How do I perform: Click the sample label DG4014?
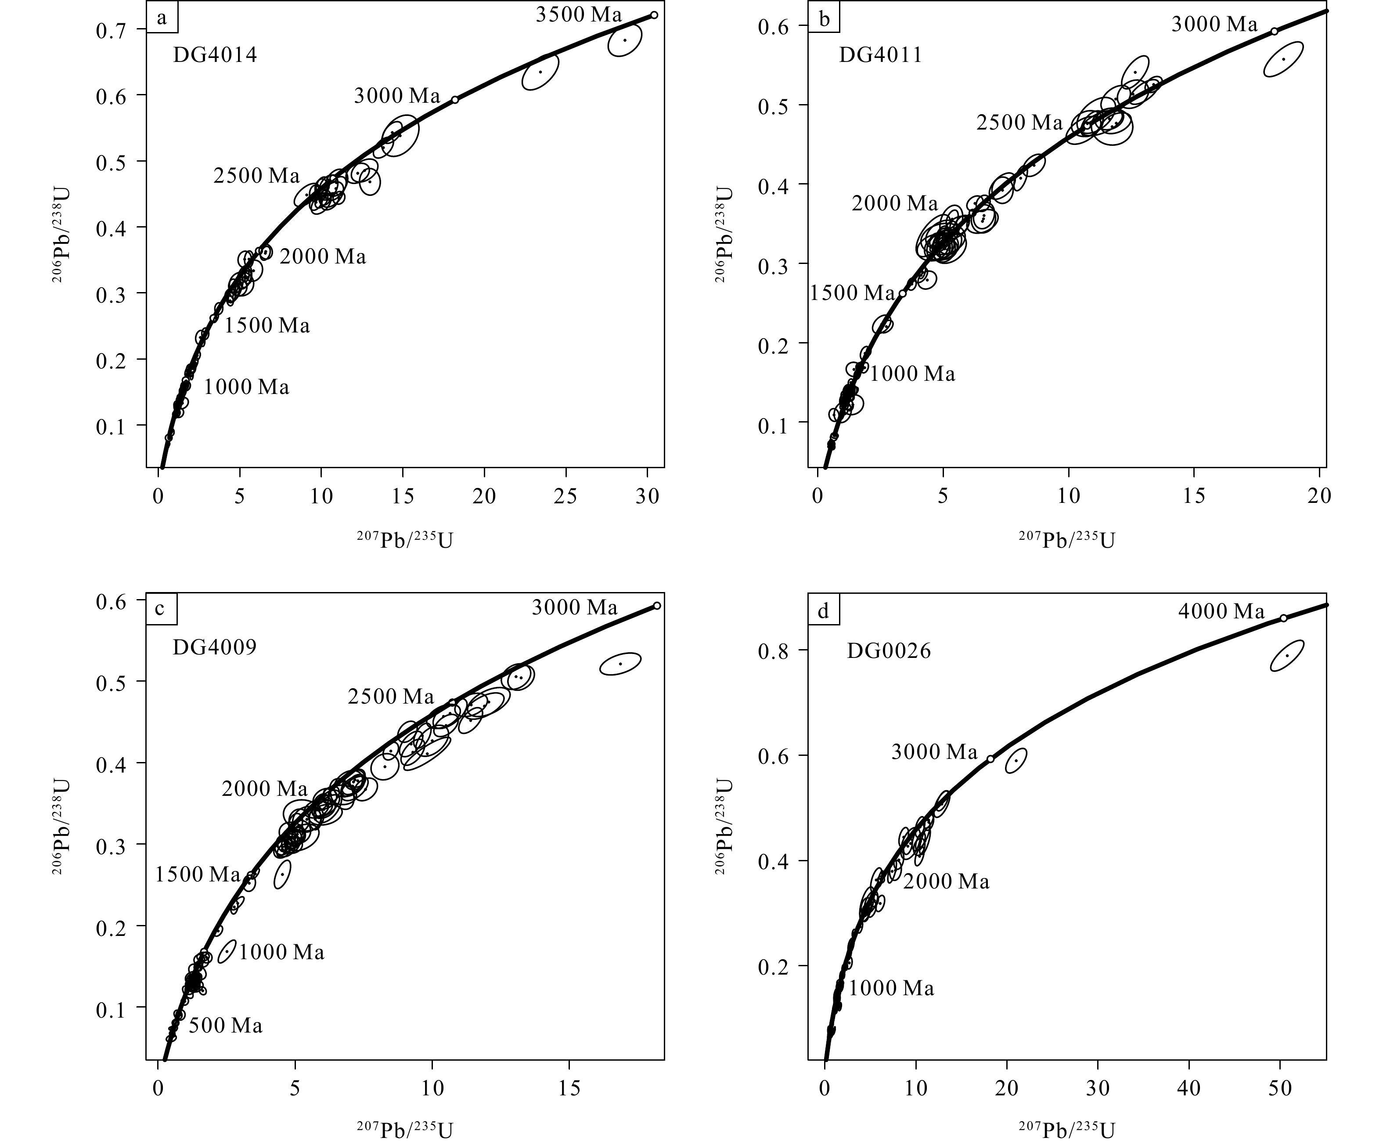tap(215, 54)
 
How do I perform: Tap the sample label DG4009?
tap(215, 647)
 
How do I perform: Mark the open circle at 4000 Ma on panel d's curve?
tap(1284, 618)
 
